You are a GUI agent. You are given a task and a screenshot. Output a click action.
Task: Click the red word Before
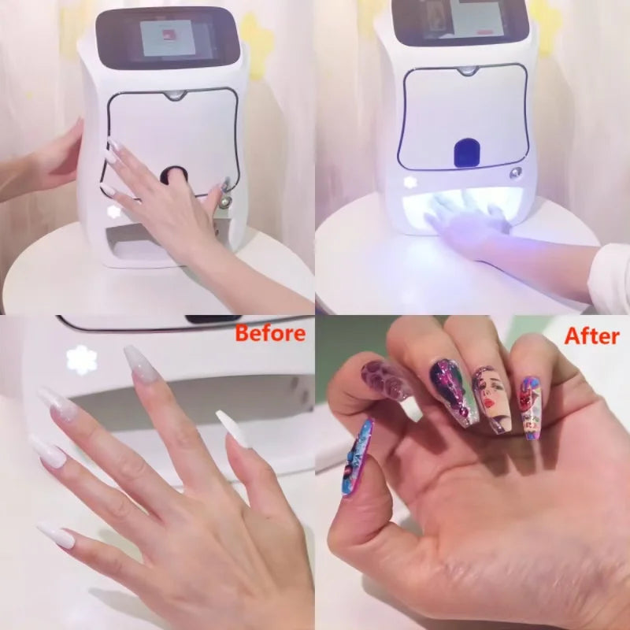tap(270, 333)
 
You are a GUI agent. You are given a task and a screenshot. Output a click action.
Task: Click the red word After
tap(591, 336)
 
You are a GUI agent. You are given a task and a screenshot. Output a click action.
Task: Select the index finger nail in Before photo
tap(139, 365)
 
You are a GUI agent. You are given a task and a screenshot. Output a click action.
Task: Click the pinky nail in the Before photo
tap(57, 535)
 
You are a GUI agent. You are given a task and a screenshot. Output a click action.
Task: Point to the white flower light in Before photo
tap(81, 360)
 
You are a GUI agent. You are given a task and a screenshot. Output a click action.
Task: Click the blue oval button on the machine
tap(467, 152)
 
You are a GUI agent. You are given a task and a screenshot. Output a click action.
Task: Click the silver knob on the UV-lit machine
tap(516, 172)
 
